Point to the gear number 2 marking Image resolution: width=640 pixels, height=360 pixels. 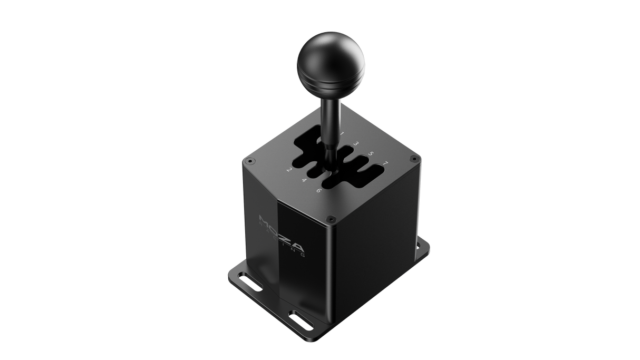pyautogui.click(x=289, y=170)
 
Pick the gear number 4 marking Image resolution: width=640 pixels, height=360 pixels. pyautogui.click(x=304, y=180)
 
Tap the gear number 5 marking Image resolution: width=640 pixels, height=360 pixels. pyautogui.click(x=371, y=154)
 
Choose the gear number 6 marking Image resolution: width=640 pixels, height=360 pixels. pyautogui.click(x=319, y=190)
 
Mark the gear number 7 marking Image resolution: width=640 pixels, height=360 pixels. pyautogui.click(x=386, y=164)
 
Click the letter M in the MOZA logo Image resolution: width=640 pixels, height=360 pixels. pyautogui.click(x=266, y=220)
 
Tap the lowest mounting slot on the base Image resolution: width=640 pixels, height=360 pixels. pyautogui.click(x=303, y=319)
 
